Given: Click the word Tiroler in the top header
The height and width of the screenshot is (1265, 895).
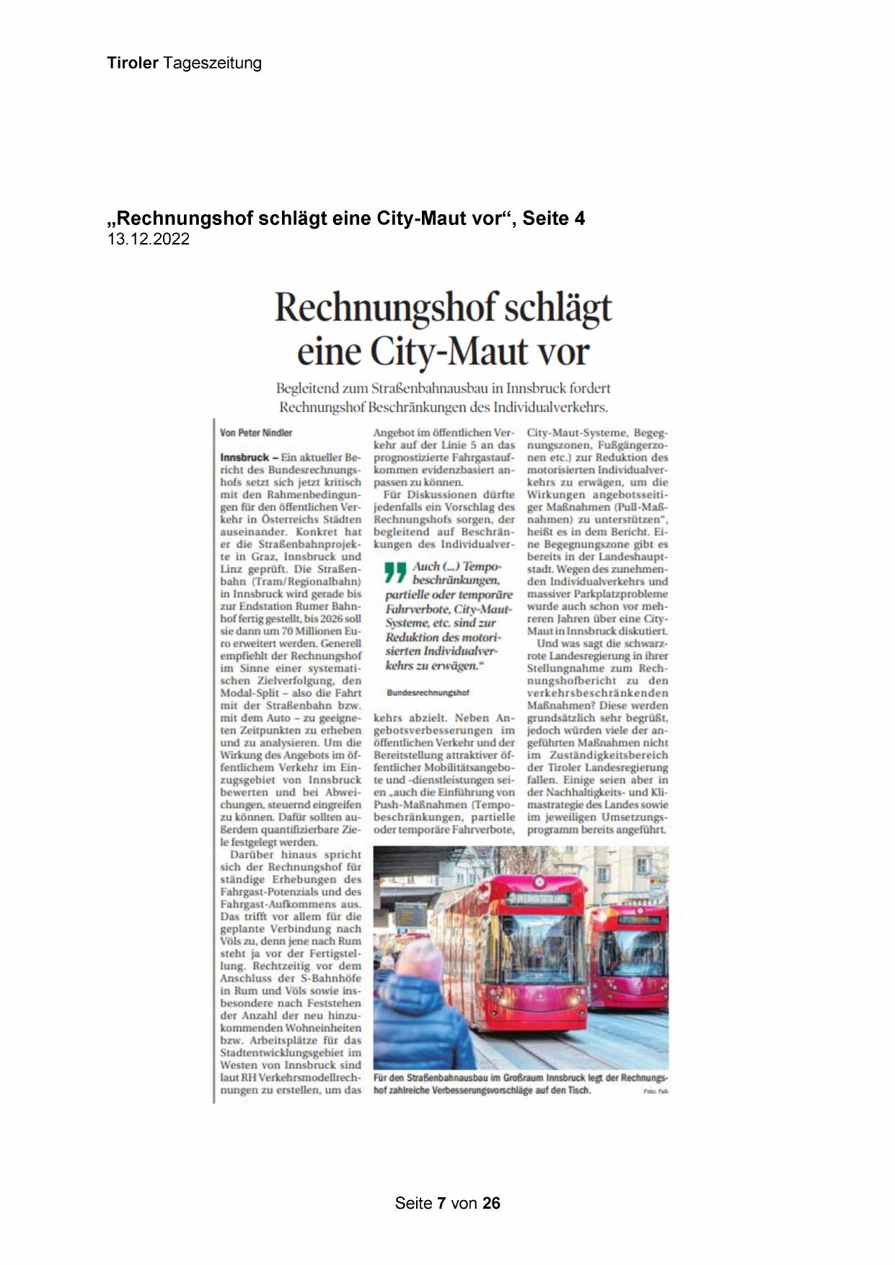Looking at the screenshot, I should (133, 63).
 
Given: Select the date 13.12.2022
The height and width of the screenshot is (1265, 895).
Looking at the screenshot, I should (149, 239).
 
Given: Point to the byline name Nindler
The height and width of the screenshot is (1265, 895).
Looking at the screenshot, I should (275, 433).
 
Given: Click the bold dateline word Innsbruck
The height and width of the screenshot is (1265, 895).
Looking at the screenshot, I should (244, 457).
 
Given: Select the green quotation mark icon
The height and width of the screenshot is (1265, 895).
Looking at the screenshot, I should (395, 573).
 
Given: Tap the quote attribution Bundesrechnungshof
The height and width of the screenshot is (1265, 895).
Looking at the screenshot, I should (428, 692).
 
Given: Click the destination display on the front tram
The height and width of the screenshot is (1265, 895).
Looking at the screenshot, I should (537, 899).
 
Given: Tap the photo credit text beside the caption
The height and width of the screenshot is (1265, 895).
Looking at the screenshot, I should (656, 1091).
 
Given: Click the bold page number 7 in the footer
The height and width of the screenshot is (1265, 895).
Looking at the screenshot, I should (442, 1203).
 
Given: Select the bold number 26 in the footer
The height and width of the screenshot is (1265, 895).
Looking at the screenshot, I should (491, 1203).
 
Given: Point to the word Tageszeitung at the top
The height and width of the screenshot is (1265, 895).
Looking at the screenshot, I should (212, 63).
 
